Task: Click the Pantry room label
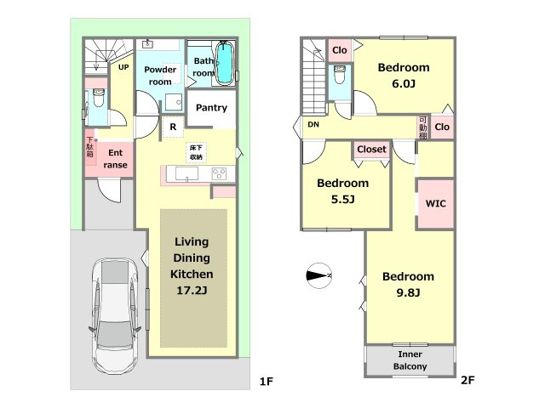click(210, 108)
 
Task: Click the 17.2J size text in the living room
click(192, 290)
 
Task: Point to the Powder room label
click(159, 76)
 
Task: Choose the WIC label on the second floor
click(436, 204)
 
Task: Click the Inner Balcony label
click(410, 360)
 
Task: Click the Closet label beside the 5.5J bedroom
click(371, 150)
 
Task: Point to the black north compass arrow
click(318, 275)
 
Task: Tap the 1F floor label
click(266, 382)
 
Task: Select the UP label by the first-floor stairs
click(123, 67)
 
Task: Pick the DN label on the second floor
click(313, 125)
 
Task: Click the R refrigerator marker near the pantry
click(173, 127)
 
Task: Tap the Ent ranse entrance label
click(115, 159)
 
